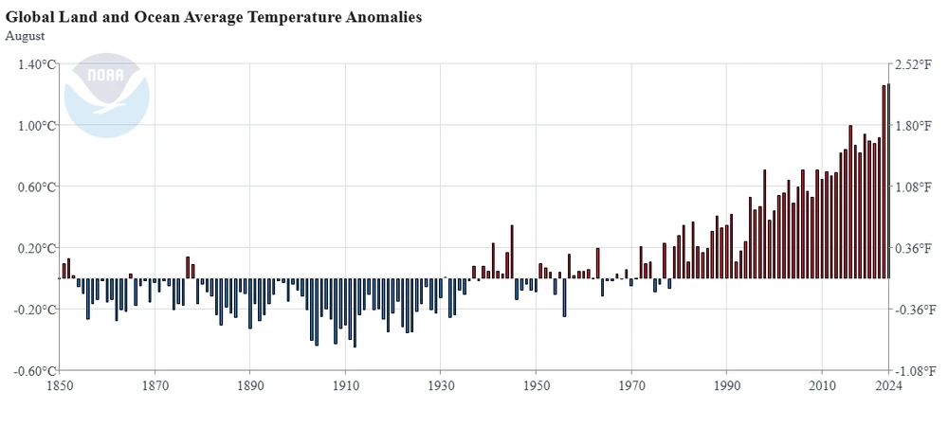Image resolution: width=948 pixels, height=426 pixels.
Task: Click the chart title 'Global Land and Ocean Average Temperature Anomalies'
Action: [214, 17]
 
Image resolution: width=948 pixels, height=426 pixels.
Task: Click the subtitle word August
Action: [26, 36]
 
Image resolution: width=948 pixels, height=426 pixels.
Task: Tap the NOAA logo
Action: [106, 95]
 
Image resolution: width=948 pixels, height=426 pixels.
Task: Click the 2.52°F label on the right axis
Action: [917, 64]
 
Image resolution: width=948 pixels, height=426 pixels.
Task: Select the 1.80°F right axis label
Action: [917, 126]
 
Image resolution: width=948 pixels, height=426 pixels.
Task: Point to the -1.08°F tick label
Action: [915, 371]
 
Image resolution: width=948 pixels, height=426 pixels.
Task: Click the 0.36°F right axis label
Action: [917, 248]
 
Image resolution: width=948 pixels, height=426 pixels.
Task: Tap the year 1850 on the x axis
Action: [59, 386]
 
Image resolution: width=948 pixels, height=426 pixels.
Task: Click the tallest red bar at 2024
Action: [888, 180]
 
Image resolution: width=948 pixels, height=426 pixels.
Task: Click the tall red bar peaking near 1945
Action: [512, 252]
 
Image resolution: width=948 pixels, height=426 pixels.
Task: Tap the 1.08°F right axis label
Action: [917, 186]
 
